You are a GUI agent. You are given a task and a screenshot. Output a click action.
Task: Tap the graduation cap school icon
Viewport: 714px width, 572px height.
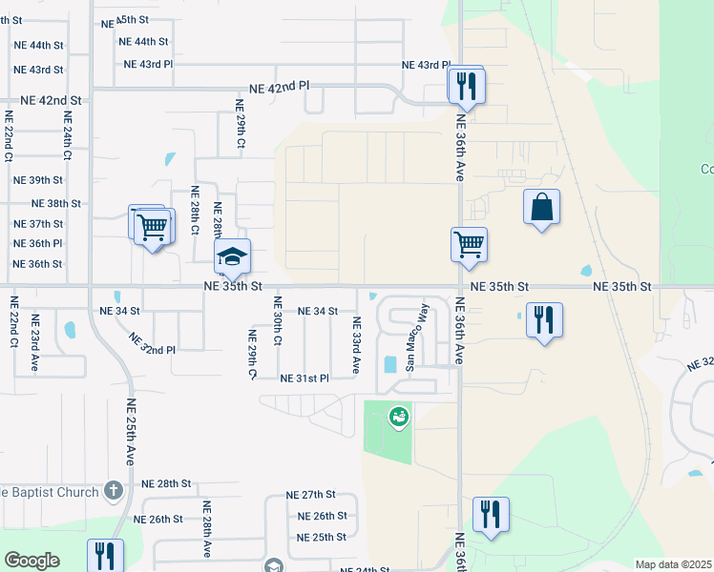(x=232, y=256)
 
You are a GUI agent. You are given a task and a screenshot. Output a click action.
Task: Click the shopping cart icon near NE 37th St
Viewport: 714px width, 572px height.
(x=152, y=228)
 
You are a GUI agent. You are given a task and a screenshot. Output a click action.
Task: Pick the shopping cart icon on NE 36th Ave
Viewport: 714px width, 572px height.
(x=469, y=244)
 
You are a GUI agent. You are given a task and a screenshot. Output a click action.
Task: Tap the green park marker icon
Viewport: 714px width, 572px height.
(x=398, y=416)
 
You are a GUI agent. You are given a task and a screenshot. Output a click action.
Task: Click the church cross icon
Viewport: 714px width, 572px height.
(x=114, y=491)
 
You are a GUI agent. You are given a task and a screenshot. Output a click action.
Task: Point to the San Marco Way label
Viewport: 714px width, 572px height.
(x=416, y=337)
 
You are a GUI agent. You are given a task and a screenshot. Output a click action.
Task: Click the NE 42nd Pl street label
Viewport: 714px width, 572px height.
(x=280, y=87)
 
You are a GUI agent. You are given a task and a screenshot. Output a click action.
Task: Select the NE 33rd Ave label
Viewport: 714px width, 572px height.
(x=356, y=344)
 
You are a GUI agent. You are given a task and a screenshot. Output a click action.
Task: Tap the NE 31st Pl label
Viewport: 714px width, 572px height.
(x=304, y=378)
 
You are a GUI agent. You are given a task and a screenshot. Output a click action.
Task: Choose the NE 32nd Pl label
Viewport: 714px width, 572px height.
(x=152, y=343)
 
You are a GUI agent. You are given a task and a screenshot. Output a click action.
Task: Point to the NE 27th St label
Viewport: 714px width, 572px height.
(x=311, y=495)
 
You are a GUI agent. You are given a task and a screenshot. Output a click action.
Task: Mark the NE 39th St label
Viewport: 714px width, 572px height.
(x=38, y=180)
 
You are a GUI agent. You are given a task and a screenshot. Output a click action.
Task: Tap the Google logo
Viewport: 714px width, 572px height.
(x=31, y=561)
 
